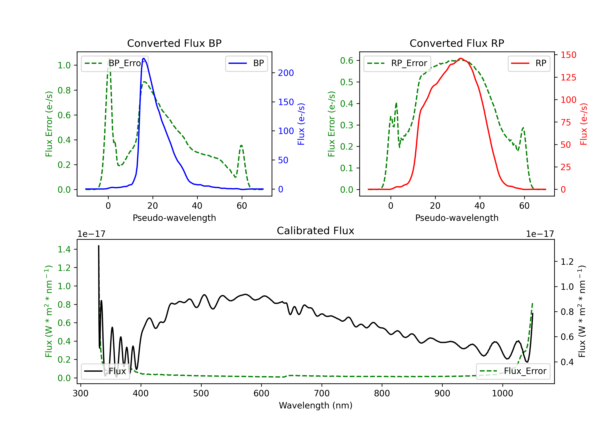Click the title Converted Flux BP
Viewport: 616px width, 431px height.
[174, 43]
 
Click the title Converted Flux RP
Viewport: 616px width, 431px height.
[457, 43]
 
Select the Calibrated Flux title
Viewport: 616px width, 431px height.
[316, 231]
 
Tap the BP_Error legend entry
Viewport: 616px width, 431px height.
[115, 63]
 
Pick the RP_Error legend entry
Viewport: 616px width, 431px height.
[397, 63]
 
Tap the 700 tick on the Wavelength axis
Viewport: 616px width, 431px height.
[322, 393]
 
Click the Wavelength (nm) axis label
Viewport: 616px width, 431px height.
[316, 405]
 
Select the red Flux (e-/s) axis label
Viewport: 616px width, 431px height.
[584, 124]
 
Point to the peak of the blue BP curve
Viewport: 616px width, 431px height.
[144, 58]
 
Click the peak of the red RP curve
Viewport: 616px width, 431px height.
[461, 58]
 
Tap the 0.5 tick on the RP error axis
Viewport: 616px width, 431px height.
[347, 82]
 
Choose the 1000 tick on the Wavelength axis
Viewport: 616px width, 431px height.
[502, 393]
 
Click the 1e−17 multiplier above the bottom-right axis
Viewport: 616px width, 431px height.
[540, 234]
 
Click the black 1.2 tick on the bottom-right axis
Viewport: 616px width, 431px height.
[567, 261]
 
